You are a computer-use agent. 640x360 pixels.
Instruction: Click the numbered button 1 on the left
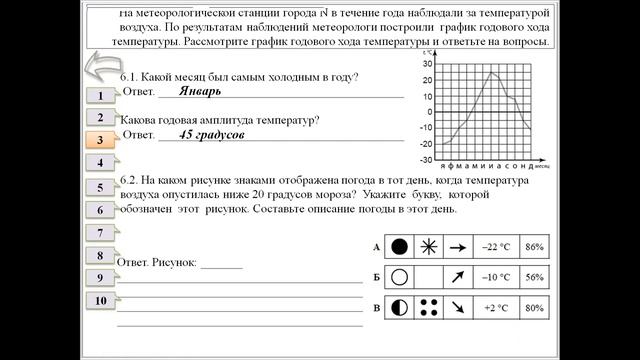pyautogui.click(x=101, y=96)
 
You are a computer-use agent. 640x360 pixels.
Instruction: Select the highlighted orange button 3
pyautogui.click(x=100, y=141)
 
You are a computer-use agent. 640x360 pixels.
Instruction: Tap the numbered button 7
pyautogui.click(x=101, y=232)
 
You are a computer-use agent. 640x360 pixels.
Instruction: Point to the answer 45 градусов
pyautogui.click(x=212, y=133)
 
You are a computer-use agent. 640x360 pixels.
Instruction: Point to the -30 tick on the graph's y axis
pyautogui.click(x=426, y=159)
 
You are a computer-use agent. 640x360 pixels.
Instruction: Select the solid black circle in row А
pyautogui.click(x=400, y=246)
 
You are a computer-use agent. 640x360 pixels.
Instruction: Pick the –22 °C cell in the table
pyautogui.click(x=497, y=246)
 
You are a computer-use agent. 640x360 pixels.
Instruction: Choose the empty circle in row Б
pyautogui.click(x=400, y=277)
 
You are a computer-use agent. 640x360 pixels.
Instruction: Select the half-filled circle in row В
pyautogui.click(x=400, y=308)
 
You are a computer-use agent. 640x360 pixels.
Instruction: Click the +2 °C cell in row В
pyautogui.click(x=497, y=308)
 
